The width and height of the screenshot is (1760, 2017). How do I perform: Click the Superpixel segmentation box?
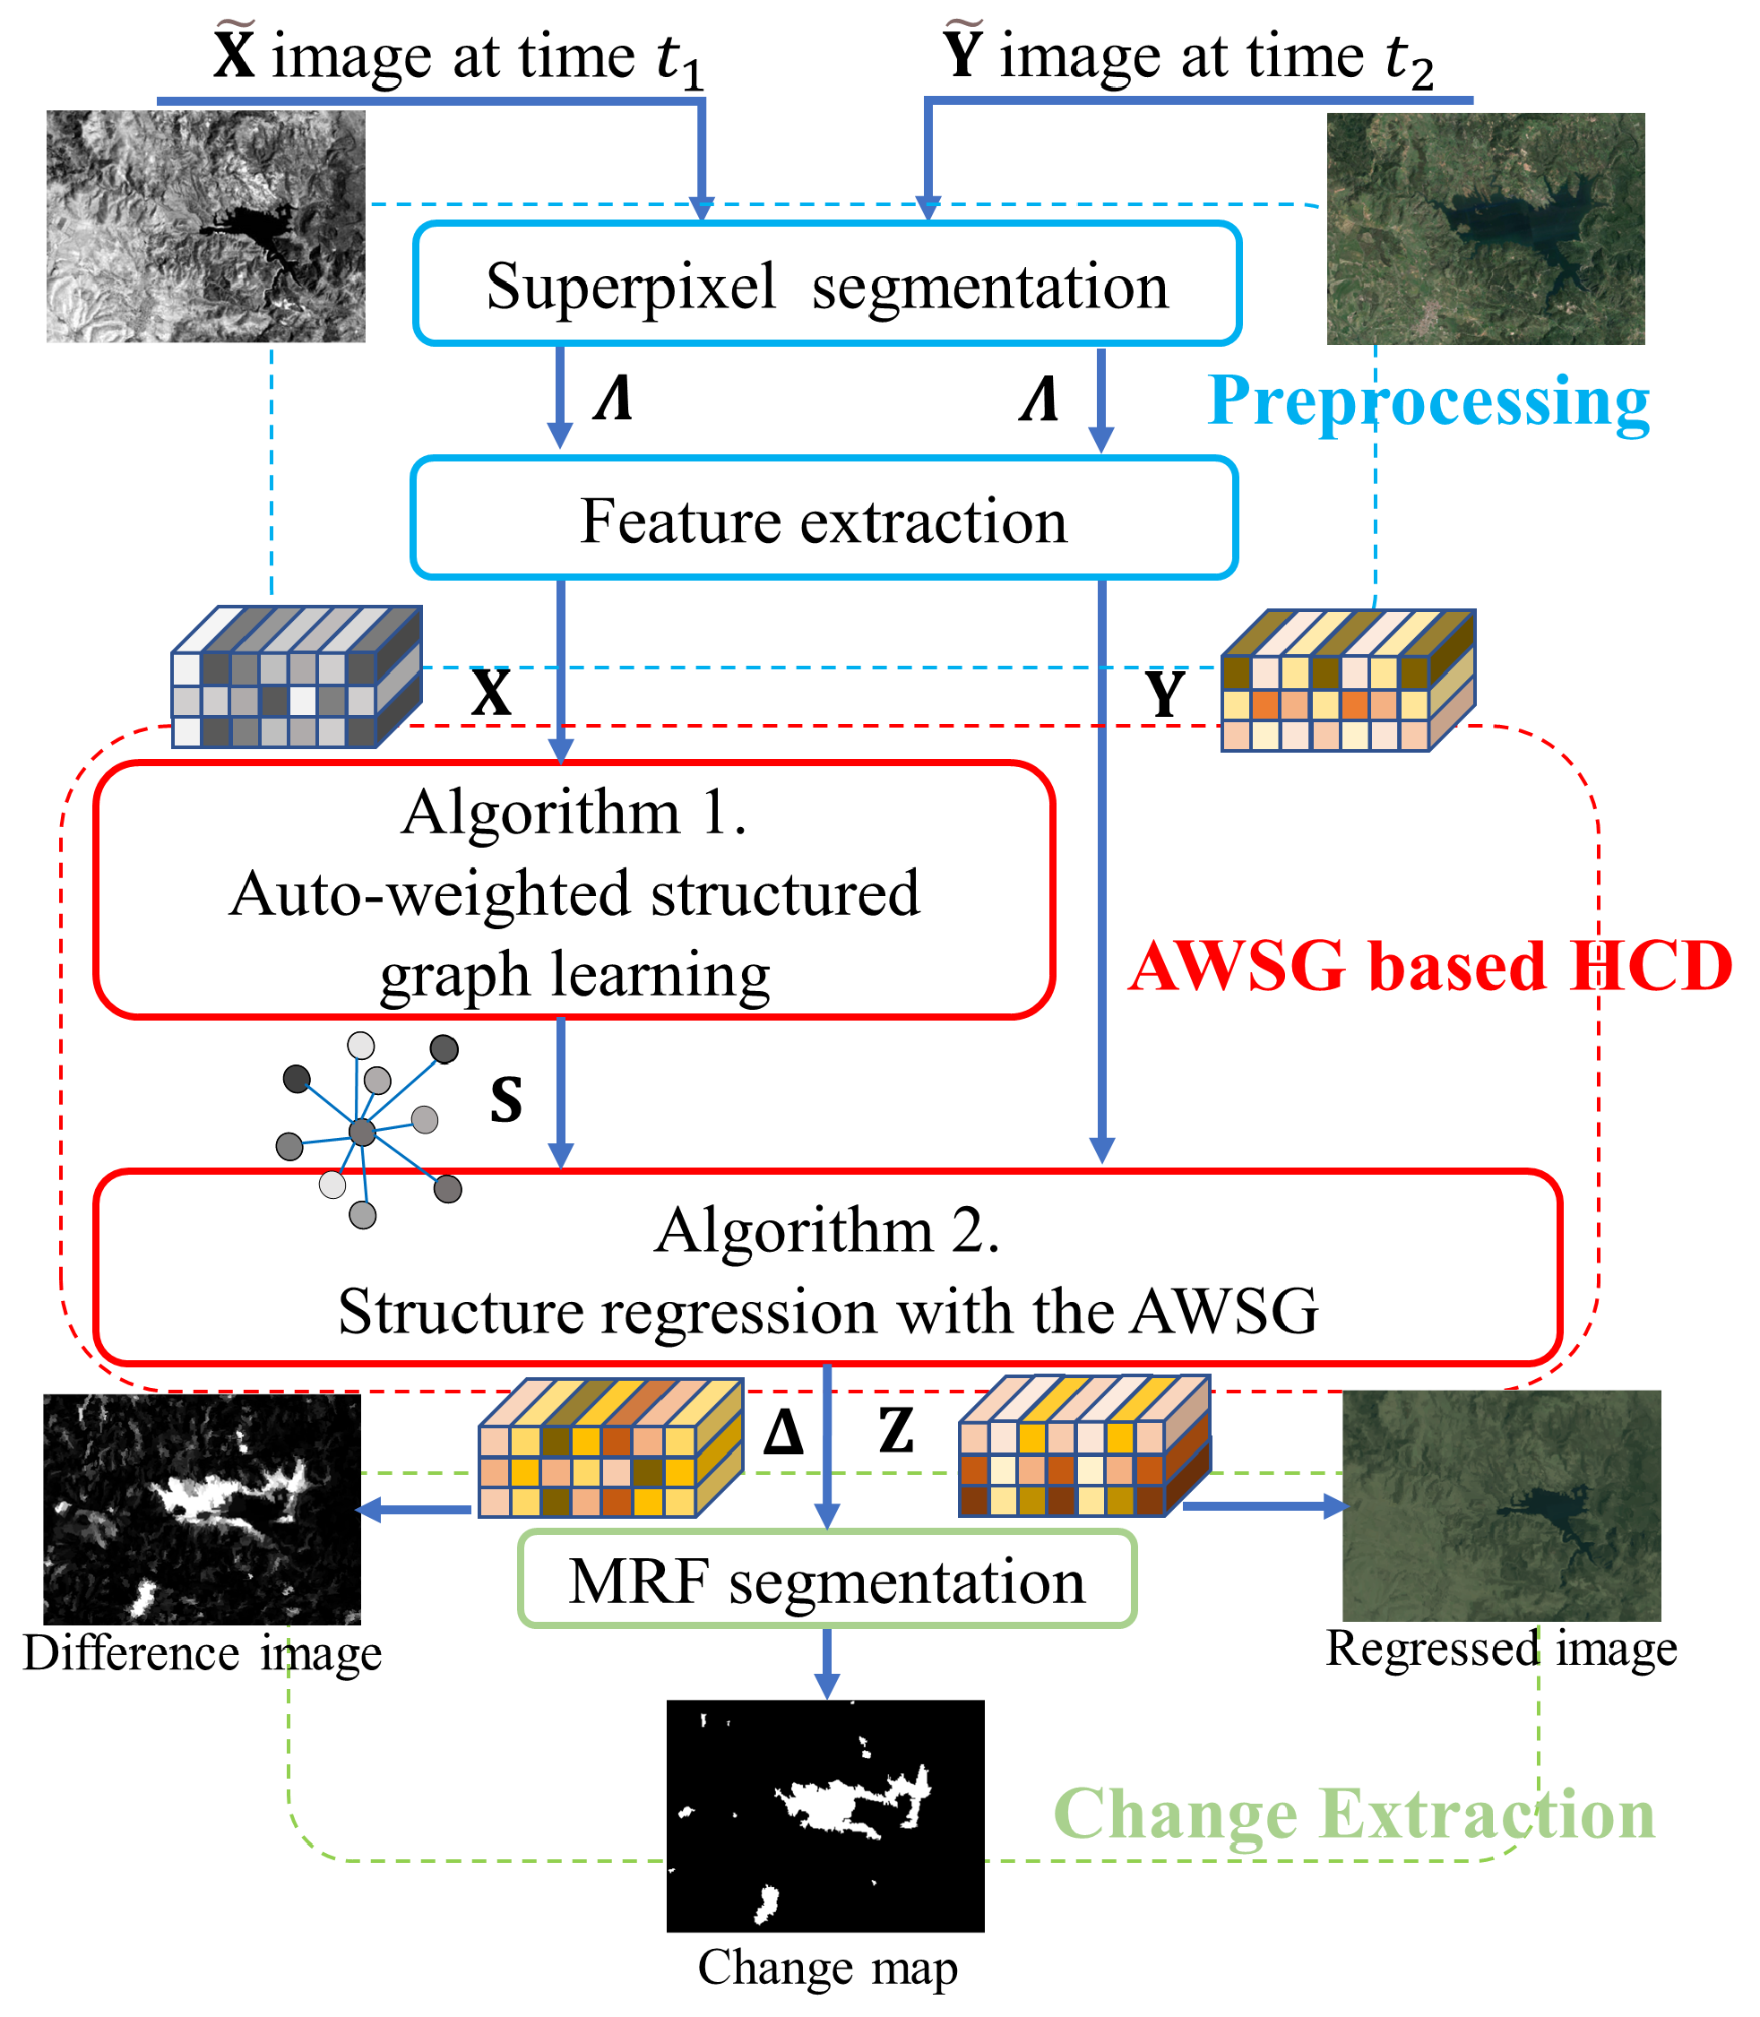click(827, 285)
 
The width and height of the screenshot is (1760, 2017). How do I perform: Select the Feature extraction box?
click(823, 519)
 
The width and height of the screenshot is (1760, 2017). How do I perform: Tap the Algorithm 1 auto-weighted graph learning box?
click(574, 891)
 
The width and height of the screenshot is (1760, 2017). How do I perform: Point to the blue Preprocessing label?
click(1428, 401)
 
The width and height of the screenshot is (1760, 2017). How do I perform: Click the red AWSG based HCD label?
click(1430, 966)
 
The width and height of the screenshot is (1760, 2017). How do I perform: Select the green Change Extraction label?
click(1353, 1814)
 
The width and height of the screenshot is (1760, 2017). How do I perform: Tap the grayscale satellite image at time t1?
click(205, 226)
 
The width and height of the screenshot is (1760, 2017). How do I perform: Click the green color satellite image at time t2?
click(1485, 228)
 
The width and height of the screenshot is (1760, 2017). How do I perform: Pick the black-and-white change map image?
click(825, 1816)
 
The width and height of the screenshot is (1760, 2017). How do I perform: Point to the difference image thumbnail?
click(203, 1508)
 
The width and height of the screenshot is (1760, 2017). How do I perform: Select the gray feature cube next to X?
click(296, 678)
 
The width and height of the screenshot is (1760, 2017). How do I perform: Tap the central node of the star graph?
click(362, 1133)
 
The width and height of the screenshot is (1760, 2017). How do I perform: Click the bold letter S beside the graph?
click(505, 1099)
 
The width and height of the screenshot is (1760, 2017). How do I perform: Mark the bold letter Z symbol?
click(896, 1431)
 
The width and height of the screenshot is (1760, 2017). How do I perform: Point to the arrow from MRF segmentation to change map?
click(827, 1662)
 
